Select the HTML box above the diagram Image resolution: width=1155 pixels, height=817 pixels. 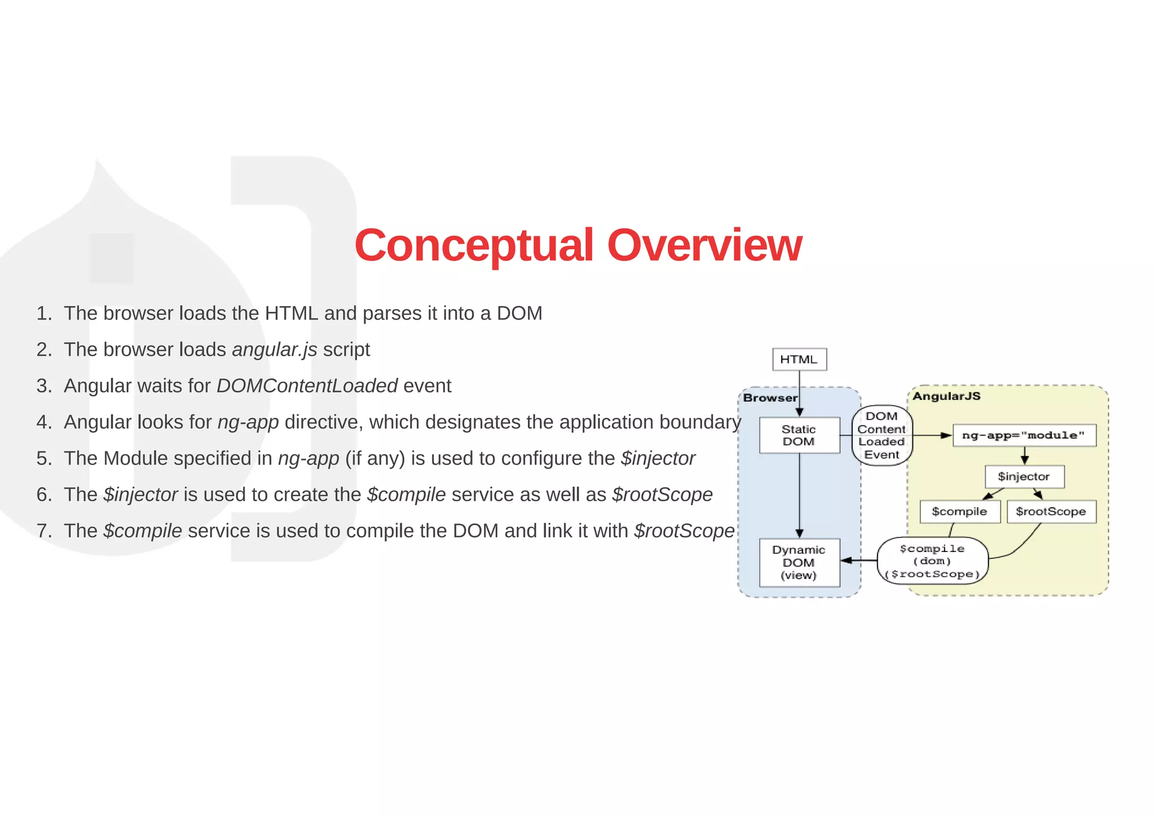(x=799, y=359)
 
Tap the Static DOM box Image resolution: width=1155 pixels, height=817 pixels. (x=799, y=435)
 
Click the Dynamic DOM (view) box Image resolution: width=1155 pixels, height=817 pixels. (x=799, y=563)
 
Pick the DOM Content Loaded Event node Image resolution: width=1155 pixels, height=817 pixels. (x=881, y=435)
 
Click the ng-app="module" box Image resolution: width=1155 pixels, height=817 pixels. (x=1024, y=435)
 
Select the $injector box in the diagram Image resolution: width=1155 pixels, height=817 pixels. (x=1024, y=476)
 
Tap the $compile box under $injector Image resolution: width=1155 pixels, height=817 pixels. (x=959, y=511)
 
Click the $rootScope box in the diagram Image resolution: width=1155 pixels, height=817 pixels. (x=1051, y=511)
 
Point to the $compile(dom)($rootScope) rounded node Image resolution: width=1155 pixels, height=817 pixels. (x=933, y=561)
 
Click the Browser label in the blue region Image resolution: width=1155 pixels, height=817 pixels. (x=770, y=398)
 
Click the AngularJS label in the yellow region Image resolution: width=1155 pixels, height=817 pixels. (x=946, y=396)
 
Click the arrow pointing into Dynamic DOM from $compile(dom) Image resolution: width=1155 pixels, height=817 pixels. (x=858, y=560)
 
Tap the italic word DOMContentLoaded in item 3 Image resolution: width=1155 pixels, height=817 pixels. (x=307, y=386)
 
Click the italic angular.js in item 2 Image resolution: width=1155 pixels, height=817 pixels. (x=275, y=350)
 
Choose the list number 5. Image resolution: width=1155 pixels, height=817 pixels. (x=43, y=458)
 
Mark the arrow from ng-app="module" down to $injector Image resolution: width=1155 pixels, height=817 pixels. (x=1025, y=456)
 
